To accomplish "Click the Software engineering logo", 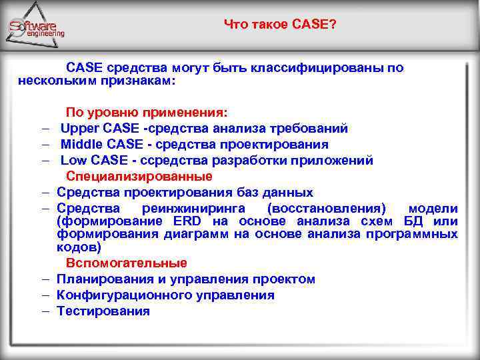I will [x=37, y=27].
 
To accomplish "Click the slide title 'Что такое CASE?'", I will [x=280, y=25].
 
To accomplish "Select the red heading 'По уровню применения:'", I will [x=147, y=113].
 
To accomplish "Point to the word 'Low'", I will [x=71, y=161].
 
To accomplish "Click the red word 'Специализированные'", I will [x=139, y=177].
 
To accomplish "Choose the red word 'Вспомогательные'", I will [x=126, y=263].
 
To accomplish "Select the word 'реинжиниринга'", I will [x=191, y=209].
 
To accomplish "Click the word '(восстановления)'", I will [x=325, y=209].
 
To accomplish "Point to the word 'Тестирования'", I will [x=103, y=311].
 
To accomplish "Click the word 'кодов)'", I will [x=79, y=247].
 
